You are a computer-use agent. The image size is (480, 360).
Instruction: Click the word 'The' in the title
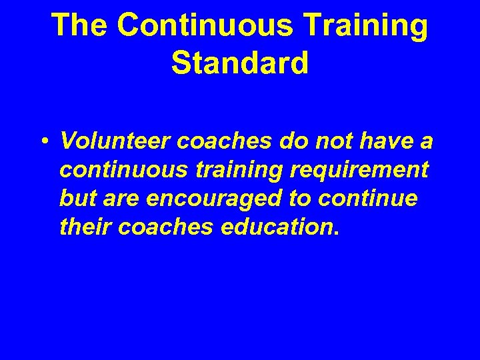[x=79, y=25]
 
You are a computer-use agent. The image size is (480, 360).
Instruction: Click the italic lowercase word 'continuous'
[x=124, y=170]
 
